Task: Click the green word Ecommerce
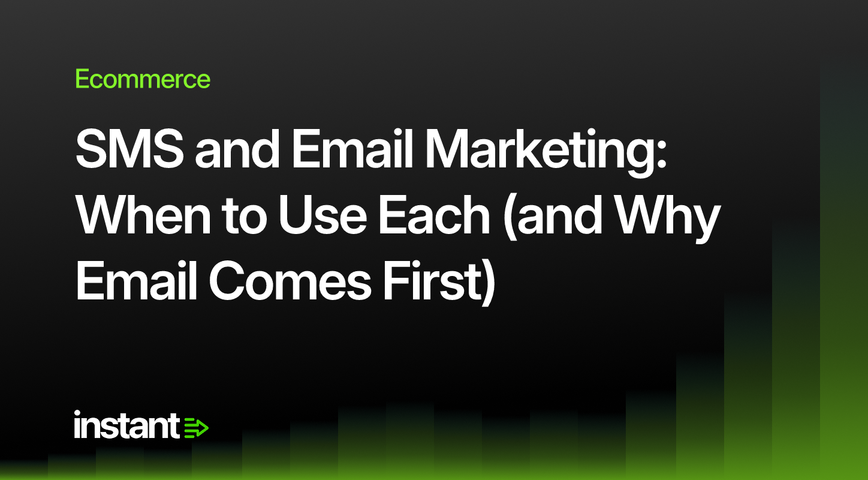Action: click(143, 79)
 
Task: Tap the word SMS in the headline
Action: click(129, 149)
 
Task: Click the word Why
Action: click(668, 218)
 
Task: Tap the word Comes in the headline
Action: click(290, 280)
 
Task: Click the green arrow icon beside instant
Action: click(196, 428)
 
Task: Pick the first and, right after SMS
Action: click(237, 149)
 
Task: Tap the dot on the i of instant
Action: click(77, 413)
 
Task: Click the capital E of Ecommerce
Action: click(83, 79)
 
